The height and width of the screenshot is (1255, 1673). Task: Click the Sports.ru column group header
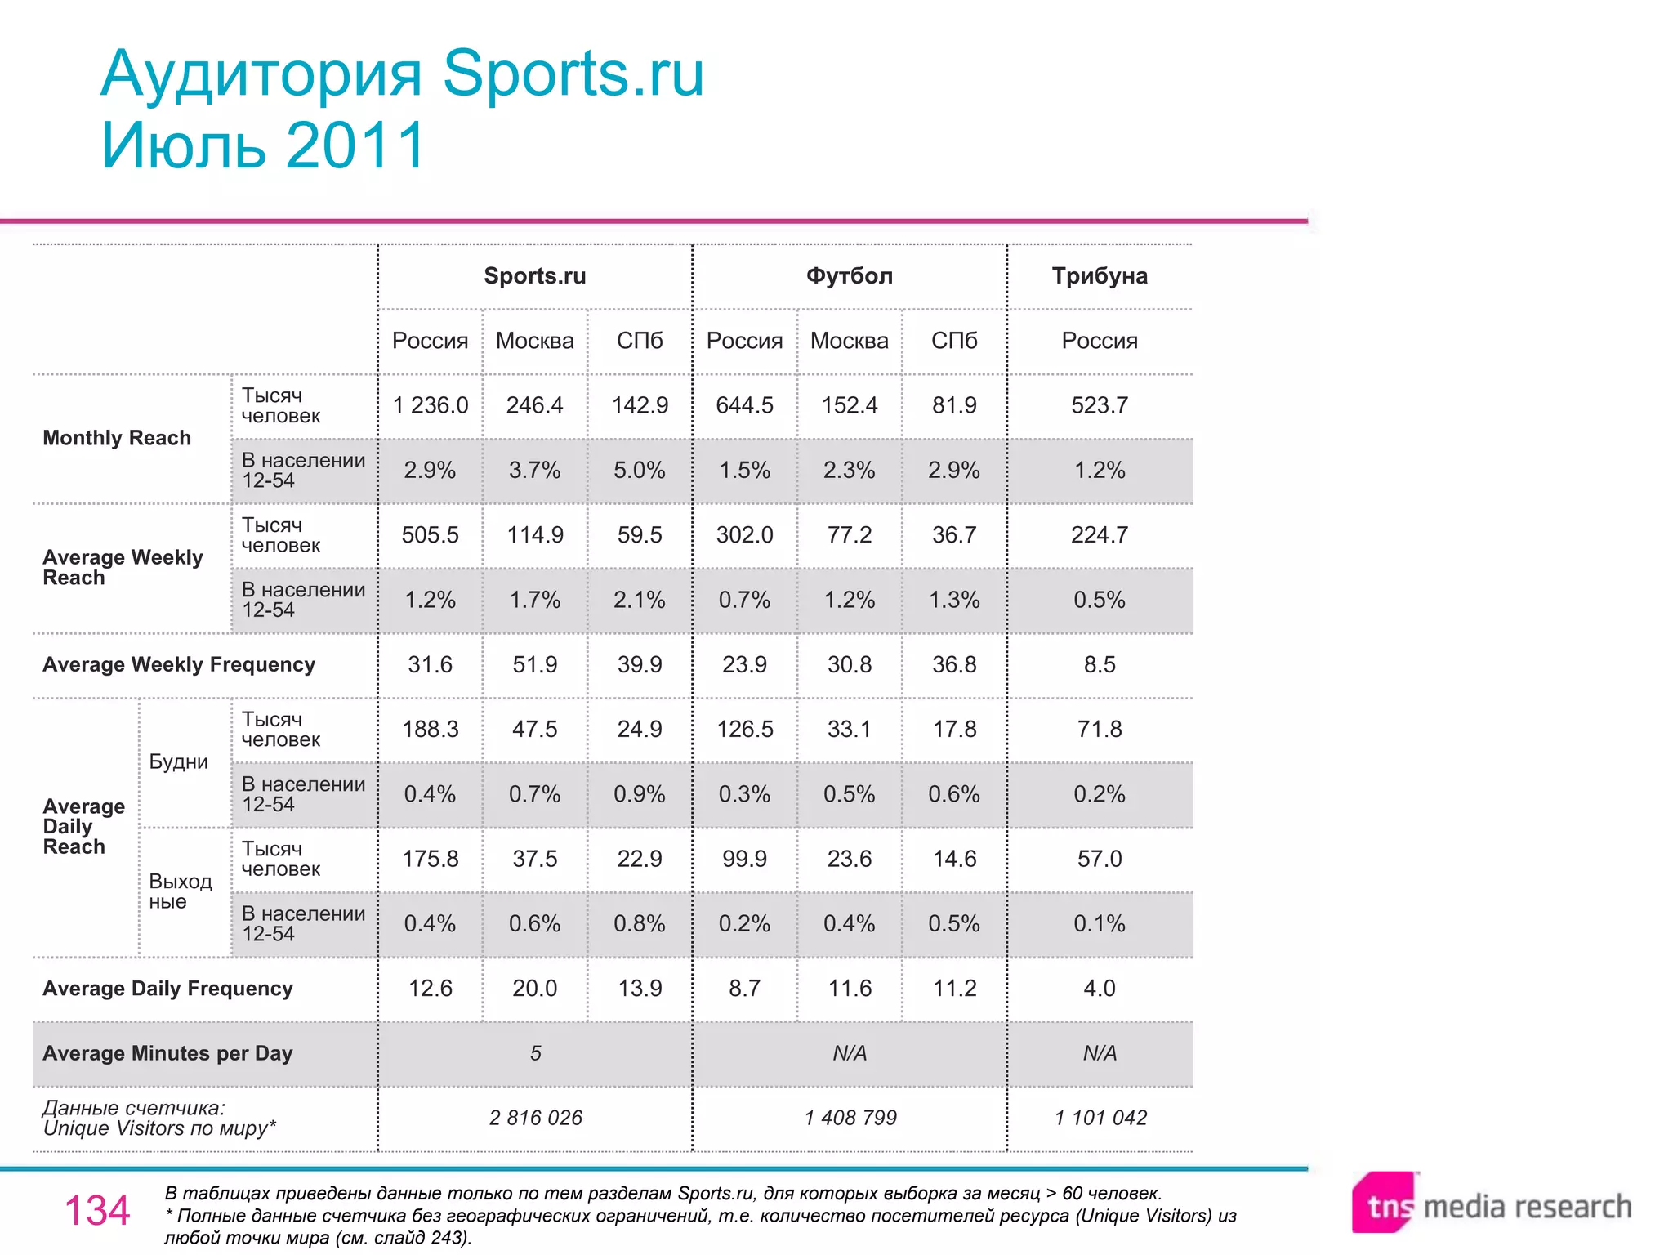(x=534, y=276)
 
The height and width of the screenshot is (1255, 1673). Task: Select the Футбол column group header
(x=849, y=276)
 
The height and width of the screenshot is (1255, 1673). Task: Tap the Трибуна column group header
(x=1099, y=276)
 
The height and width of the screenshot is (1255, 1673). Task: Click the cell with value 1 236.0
(x=430, y=405)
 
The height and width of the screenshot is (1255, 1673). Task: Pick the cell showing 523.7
(x=1099, y=405)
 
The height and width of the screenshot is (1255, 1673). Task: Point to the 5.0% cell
(x=639, y=470)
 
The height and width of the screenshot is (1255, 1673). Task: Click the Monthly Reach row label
(x=117, y=438)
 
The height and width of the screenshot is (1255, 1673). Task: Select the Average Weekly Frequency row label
(x=178, y=664)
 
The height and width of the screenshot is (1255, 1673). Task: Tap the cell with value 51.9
(x=534, y=664)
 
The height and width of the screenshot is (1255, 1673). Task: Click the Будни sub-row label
(x=178, y=761)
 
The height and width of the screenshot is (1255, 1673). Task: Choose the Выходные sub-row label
(x=180, y=891)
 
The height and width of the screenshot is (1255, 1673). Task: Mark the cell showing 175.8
(x=430, y=859)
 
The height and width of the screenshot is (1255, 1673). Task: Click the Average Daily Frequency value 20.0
(x=534, y=989)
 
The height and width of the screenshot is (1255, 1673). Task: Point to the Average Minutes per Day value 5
(x=535, y=1053)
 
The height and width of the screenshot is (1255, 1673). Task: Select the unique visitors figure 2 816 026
(x=535, y=1118)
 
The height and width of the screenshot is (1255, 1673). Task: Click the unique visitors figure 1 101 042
(x=1100, y=1118)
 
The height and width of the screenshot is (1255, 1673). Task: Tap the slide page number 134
(x=96, y=1210)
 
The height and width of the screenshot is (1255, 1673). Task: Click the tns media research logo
(x=1491, y=1204)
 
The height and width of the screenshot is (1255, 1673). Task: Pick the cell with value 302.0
(x=743, y=535)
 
